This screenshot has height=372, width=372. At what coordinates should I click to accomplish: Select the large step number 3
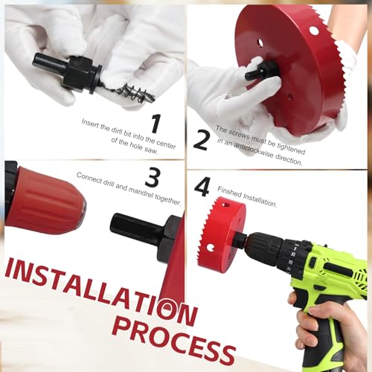[152, 178]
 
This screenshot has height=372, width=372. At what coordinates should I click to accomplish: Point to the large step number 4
[202, 186]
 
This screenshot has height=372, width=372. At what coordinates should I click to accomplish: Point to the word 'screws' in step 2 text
[238, 132]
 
